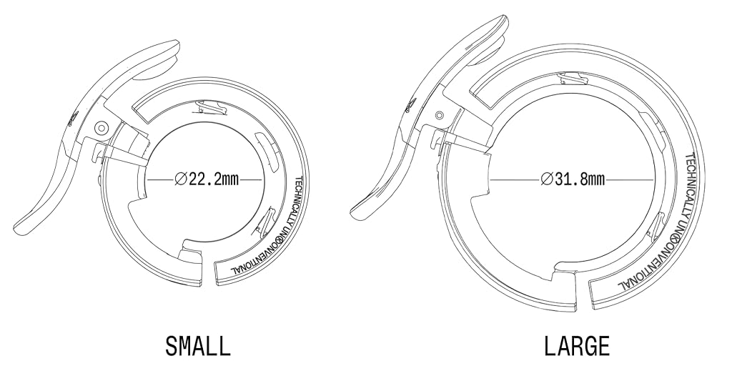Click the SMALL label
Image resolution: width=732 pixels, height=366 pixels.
coord(198,347)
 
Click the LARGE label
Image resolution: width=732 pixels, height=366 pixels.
coord(577,347)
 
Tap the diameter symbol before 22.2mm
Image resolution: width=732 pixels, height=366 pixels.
coord(181,179)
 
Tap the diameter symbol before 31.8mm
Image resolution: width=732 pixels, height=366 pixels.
coord(547,179)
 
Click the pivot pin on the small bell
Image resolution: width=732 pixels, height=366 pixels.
coord(101,128)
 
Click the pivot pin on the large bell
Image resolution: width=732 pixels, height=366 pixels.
coord(438,115)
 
